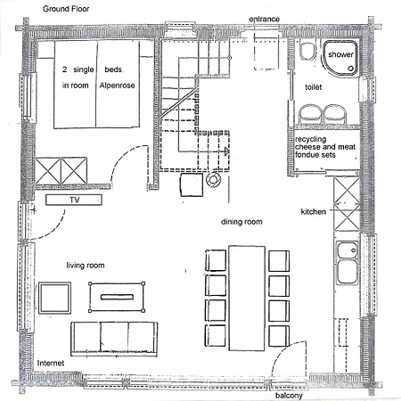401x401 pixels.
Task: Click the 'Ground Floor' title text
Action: (66, 9)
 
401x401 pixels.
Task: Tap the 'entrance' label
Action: (264, 20)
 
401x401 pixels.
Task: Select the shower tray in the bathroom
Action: (340, 57)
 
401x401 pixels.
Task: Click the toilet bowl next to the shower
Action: (307, 51)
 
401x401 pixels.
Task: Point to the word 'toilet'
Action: (314, 87)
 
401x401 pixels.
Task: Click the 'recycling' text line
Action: (310, 139)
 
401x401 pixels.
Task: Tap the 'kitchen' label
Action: (313, 212)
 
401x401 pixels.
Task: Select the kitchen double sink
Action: (348, 263)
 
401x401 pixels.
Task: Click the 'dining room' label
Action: (241, 222)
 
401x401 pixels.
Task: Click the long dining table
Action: (247, 298)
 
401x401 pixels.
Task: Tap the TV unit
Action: (74, 200)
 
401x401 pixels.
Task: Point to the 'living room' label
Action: (86, 266)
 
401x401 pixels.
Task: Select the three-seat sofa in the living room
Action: (114, 339)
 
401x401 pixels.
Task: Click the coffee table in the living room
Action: (117, 297)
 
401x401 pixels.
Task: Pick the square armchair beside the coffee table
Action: (54, 299)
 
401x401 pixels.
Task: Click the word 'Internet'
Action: (51, 363)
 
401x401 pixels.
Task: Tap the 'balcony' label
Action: (289, 396)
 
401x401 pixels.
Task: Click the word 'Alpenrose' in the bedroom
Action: (117, 86)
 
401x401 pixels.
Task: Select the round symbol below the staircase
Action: (213, 180)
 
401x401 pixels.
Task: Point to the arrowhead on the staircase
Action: (226, 151)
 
